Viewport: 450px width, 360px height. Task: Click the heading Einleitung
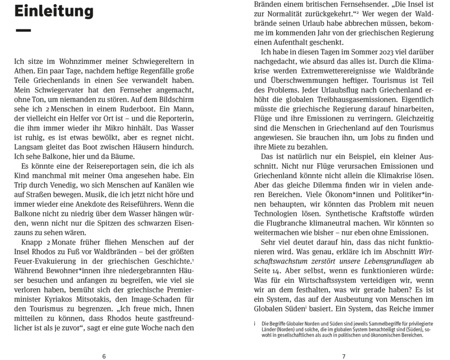pos(54,11)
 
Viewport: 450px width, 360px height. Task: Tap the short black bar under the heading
pos(23,31)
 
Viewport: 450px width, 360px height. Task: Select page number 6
pos(104,356)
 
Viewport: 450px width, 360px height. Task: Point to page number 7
pos(344,356)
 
